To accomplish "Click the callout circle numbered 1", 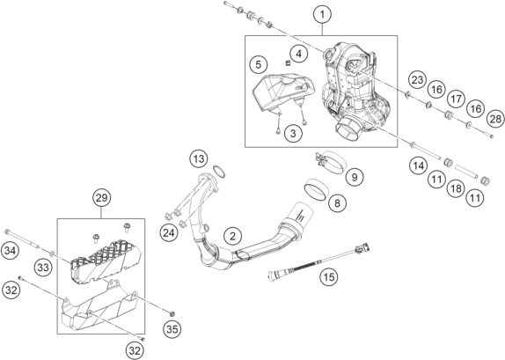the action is coord(322,14).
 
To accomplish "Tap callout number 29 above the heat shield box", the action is coord(101,197).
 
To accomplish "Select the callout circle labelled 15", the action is coord(329,276).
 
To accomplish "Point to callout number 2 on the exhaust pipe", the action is coord(233,236).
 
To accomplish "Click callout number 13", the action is coord(199,159).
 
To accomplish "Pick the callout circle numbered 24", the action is coord(169,232).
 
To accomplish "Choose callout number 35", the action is coord(172,329).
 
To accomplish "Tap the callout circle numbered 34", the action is coord(10,251).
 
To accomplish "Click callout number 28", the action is coord(495,119).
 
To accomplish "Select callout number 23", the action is coord(417,79).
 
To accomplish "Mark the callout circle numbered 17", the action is coord(456,99).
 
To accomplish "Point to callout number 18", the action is coord(456,188).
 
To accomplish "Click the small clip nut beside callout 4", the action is coord(288,62).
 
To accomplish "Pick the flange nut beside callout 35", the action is coord(172,314).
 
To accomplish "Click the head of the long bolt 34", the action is coord(7,231).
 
